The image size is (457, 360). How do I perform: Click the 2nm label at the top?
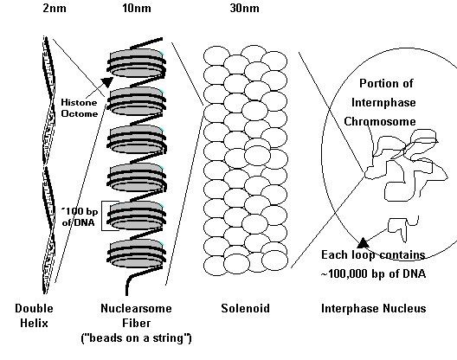(x=55, y=8)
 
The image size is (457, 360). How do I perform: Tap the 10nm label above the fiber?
(x=137, y=8)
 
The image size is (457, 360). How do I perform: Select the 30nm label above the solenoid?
(x=245, y=8)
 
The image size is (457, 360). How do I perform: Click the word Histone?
(x=79, y=102)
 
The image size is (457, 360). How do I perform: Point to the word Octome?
(x=80, y=113)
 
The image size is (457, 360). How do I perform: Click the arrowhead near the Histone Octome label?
(x=107, y=82)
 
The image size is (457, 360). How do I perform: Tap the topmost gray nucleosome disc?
(x=137, y=63)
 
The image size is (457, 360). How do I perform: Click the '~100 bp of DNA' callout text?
(x=80, y=216)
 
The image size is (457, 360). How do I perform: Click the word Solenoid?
(x=245, y=308)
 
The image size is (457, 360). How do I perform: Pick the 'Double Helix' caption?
(x=34, y=316)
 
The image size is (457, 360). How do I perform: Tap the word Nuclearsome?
(x=136, y=308)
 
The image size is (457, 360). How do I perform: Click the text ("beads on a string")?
(x=136, y=338)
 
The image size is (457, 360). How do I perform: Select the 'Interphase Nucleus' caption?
(x=374, y=308)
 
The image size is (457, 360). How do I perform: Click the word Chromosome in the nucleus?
(x=380, y=121)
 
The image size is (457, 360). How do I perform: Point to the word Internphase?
(x=383, y=102)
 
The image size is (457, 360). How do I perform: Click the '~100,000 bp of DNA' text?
(x=373, y=273)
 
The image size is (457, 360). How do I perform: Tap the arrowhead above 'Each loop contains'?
(x=363, y=242)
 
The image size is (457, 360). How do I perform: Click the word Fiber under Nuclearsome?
(x=137, y=323)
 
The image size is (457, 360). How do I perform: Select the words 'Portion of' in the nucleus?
(x=386, y=83)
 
